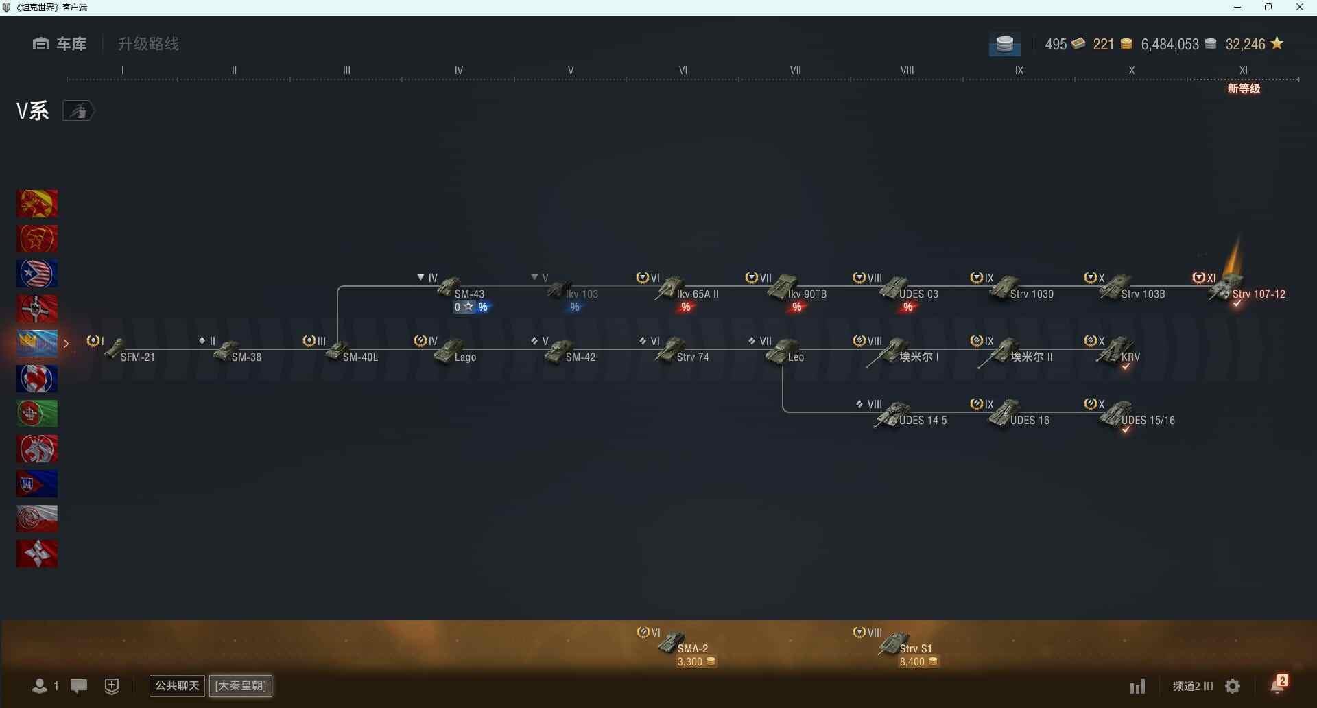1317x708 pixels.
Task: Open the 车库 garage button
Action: [x=60, y=44]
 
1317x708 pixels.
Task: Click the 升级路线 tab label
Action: [x=148, y=44]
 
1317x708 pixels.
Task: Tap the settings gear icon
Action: [x=1233, y=686]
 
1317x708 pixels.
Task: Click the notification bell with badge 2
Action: [x=1279, y=685]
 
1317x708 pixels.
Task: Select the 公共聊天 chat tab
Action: [x=177, y=685]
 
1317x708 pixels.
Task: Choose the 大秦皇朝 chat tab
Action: [x=241, y=685]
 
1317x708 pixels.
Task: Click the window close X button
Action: [x=1299, y=8]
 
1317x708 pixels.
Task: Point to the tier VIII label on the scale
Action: [x=907, y=70]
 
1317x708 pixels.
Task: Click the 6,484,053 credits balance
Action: [x=1170, y=45]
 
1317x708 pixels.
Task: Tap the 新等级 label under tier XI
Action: [x=1244, y=88]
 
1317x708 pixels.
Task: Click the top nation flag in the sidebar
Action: [x=37, y=204]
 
